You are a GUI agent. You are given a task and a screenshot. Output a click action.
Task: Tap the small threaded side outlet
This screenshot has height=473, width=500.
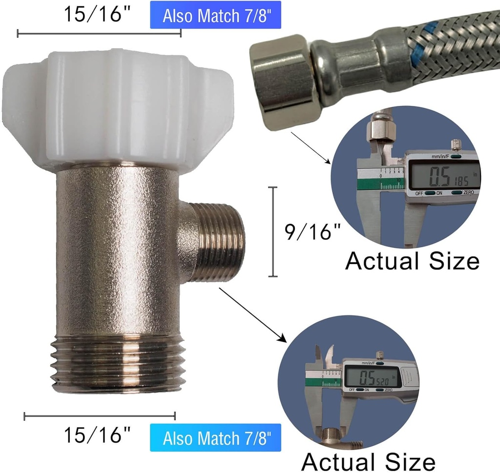click(217, 242)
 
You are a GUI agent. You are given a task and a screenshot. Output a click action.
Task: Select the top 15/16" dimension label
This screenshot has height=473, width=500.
click(93, 14)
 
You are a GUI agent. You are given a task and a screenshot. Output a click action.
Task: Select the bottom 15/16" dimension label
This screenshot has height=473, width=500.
click(98, 434)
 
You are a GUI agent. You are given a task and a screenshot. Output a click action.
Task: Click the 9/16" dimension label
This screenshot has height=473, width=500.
click(312, 232)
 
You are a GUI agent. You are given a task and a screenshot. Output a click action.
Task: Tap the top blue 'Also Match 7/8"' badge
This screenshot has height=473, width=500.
click(215, 15)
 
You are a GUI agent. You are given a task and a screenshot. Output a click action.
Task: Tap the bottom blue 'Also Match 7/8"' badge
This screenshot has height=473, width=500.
click(215, 437)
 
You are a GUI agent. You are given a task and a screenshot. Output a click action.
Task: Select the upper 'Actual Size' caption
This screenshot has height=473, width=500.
click(413, 261)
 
